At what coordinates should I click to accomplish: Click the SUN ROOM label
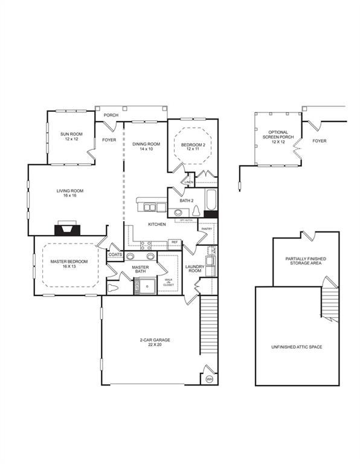click(71, 136)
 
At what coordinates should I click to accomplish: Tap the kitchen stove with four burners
click(146, 245)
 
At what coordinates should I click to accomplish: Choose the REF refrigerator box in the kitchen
click(174, 242)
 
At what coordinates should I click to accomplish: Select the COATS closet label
click(115, 255)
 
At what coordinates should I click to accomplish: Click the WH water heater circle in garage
click(209, 378)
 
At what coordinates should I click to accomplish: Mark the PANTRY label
click(206, 229)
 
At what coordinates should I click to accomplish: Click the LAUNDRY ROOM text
click(194, 268)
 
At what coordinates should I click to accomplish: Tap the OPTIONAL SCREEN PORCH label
click(278, 137)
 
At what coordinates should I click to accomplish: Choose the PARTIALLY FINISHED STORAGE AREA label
click(306, 261)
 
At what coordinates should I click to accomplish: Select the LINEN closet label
click(188, 182)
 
